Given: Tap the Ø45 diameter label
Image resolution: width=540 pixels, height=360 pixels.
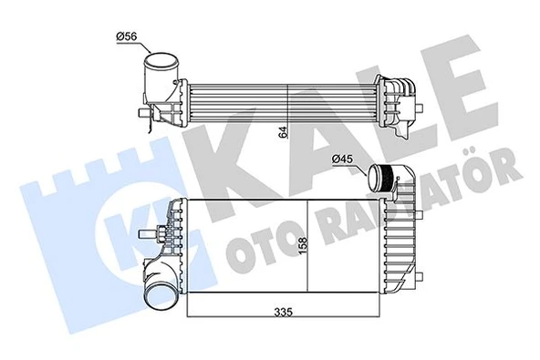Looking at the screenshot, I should [341, 160].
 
